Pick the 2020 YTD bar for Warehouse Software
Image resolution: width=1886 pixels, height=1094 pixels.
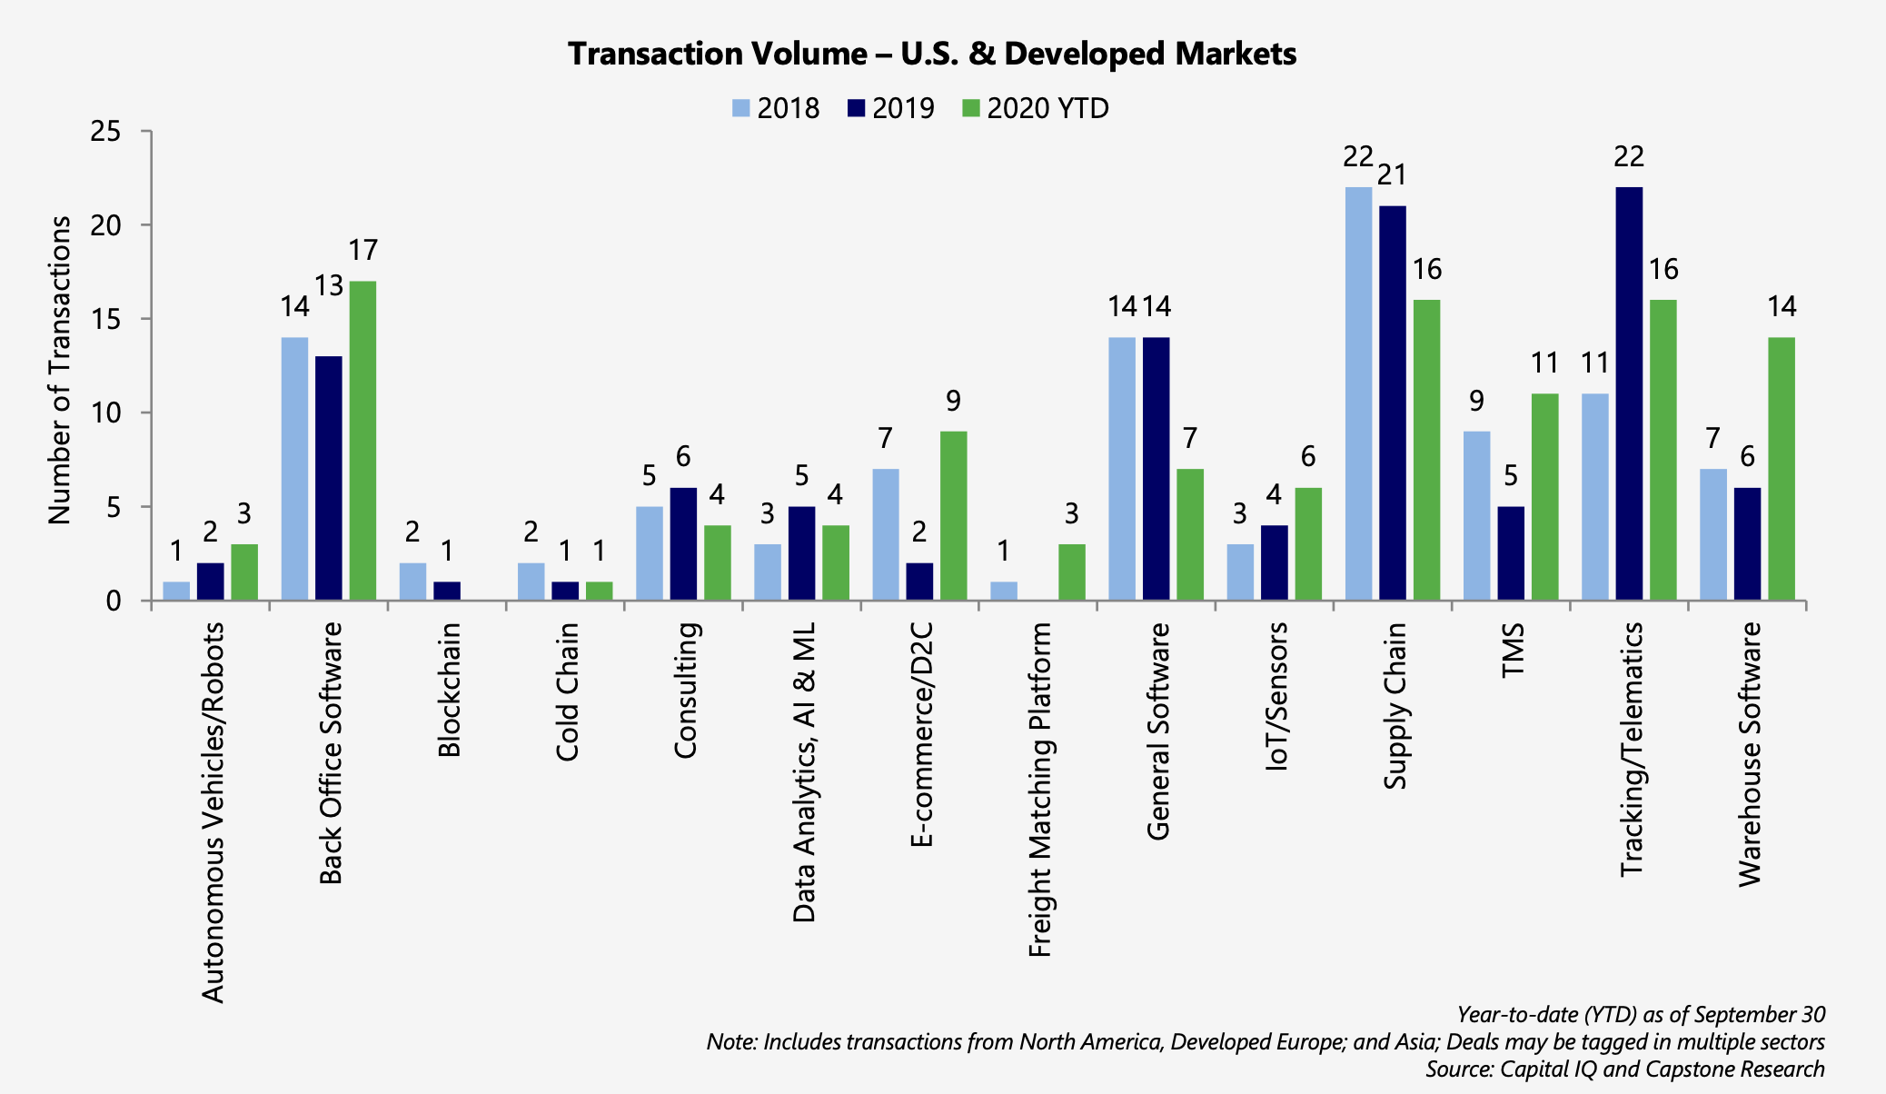pos(1782,469)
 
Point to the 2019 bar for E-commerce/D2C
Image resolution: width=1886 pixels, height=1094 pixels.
pos(919,582)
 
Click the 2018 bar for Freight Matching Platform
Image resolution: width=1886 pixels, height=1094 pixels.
pos(1004,591)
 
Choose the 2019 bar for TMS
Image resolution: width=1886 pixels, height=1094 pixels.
pos(1511,553)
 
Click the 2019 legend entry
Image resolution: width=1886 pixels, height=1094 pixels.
pos(891,108)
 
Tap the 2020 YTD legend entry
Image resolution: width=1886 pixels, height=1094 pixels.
pos(1036,108)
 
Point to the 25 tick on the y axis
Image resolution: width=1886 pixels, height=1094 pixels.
pos(105,132)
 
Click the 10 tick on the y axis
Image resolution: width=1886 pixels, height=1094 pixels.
pos(105,413)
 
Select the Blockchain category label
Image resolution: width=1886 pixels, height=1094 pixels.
pos(450,690)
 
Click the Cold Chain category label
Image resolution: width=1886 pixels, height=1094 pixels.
pos(568,691)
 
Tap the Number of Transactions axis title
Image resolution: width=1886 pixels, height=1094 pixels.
pos(60,370)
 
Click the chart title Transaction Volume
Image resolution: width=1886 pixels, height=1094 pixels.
pos(932,54)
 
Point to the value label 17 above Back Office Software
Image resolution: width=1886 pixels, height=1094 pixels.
pos(362,250)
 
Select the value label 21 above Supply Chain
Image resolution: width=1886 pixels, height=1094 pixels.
pos(1392,174)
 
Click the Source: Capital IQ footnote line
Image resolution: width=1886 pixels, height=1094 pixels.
pos(1624,1069)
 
